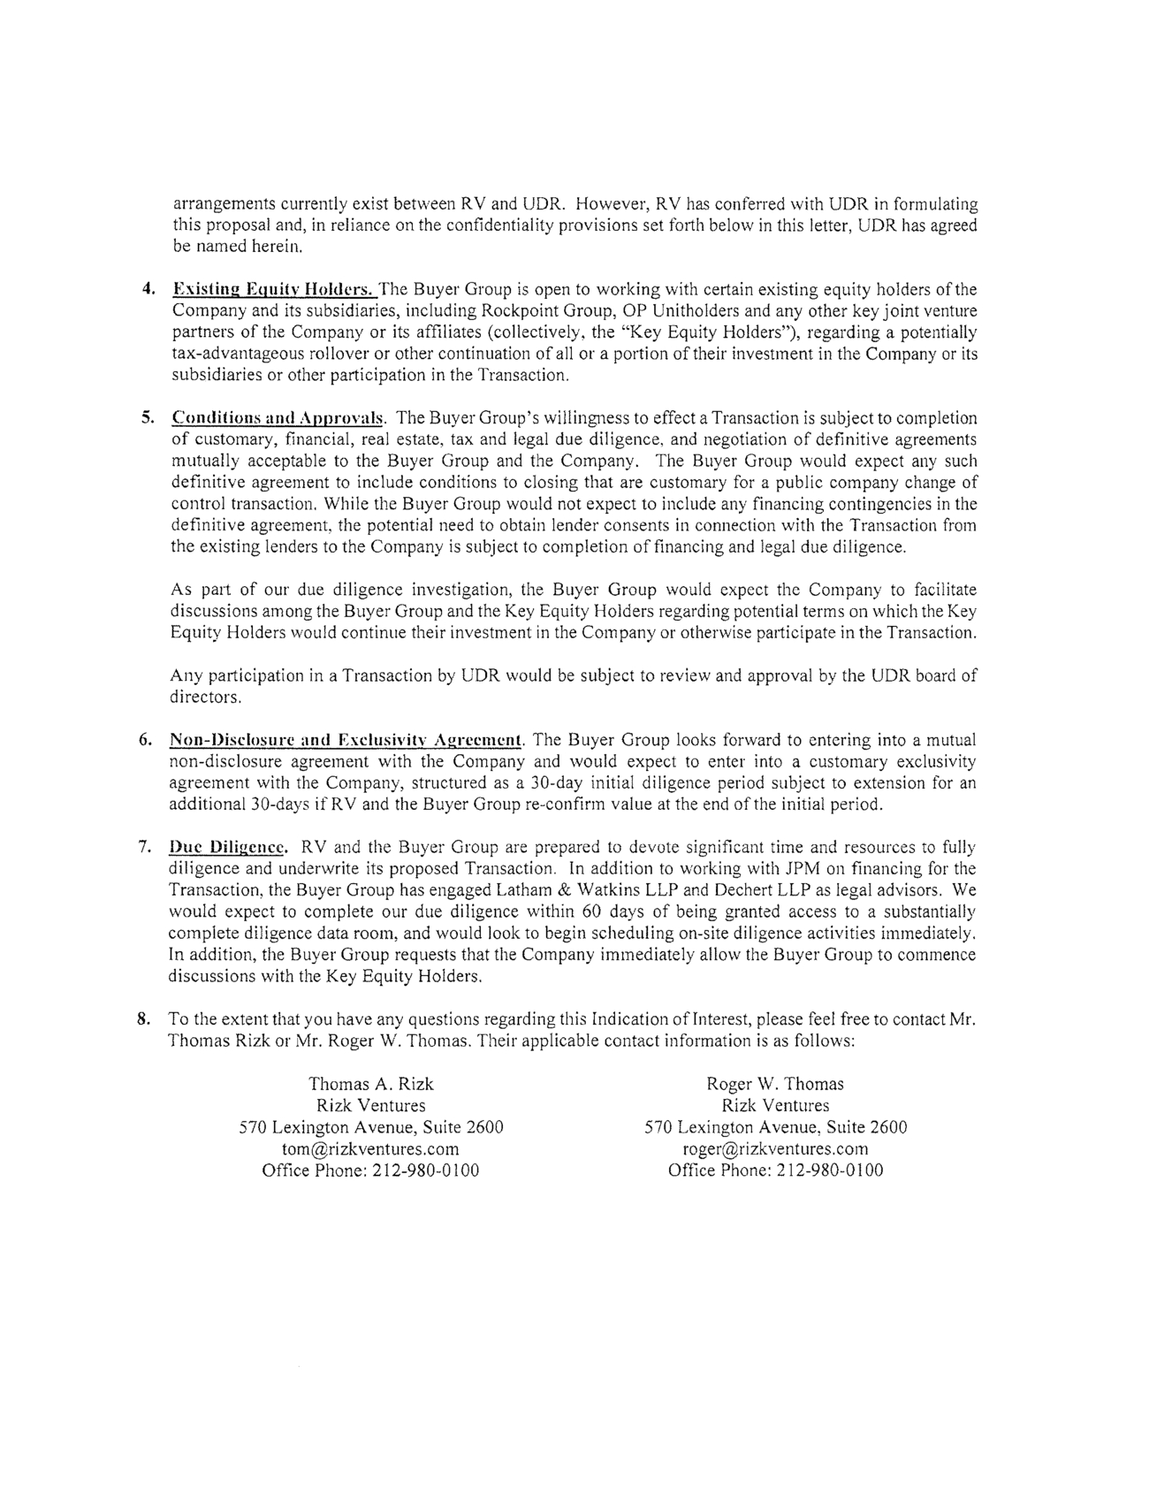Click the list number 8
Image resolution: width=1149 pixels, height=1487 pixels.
pyautogui.click(x=142, y=1018)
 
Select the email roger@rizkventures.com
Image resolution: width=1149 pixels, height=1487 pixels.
pyautogui.click(x=775, y=1148)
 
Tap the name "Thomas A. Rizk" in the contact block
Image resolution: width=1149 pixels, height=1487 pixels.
pyautogui.click(x=370, y=1084)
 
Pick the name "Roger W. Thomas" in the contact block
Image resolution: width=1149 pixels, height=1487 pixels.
pyautogui.click(x=775, y=1084)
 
